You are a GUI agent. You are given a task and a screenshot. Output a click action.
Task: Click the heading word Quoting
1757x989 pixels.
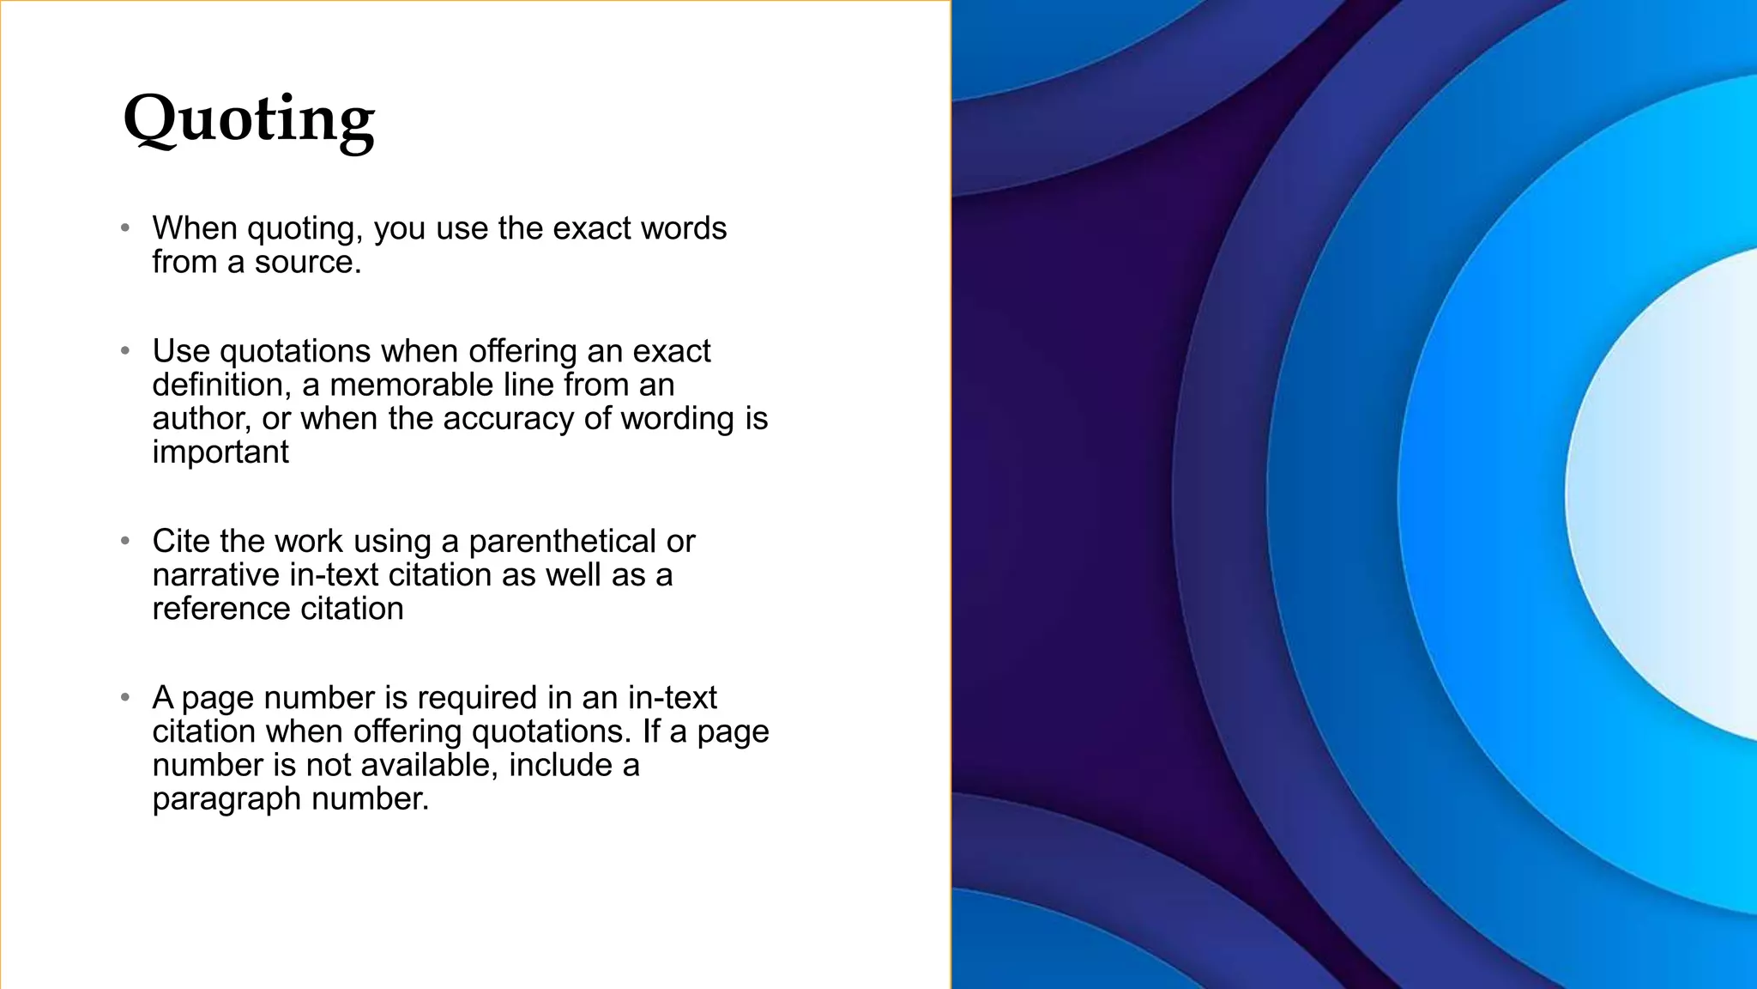point(249,120)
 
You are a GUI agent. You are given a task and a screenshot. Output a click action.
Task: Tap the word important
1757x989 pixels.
point(220,452)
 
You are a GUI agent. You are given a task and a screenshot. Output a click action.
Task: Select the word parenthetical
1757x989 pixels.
point(562,542)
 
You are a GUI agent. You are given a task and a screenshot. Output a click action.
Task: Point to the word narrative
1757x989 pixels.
point(215,575)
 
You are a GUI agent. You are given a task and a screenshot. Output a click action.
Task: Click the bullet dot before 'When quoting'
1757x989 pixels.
point(125,228)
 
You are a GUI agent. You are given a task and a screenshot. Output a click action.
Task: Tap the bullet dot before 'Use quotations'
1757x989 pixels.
point(125,351)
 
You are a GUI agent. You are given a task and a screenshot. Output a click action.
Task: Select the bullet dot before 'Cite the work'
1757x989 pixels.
point(125,542)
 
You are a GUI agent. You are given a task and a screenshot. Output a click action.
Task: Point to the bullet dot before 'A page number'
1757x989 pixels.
point(125,698)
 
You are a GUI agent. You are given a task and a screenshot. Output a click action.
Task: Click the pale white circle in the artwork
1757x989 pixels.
point(1673,494)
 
